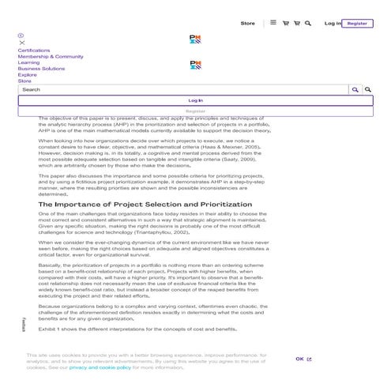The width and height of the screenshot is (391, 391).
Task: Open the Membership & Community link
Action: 51,57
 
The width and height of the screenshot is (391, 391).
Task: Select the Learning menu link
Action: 28,62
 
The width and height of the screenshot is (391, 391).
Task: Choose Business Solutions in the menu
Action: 41,69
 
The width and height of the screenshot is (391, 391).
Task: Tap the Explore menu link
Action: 27,74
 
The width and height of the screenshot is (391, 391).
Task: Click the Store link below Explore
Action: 24,81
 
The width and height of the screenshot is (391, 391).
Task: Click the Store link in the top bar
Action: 247,24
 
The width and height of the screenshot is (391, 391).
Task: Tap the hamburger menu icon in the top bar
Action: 273,23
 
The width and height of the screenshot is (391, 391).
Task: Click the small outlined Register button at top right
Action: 357,24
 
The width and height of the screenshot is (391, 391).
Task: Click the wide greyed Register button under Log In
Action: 195,111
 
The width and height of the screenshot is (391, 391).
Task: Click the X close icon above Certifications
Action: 21,43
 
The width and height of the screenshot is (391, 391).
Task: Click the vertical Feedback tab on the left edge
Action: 24,323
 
